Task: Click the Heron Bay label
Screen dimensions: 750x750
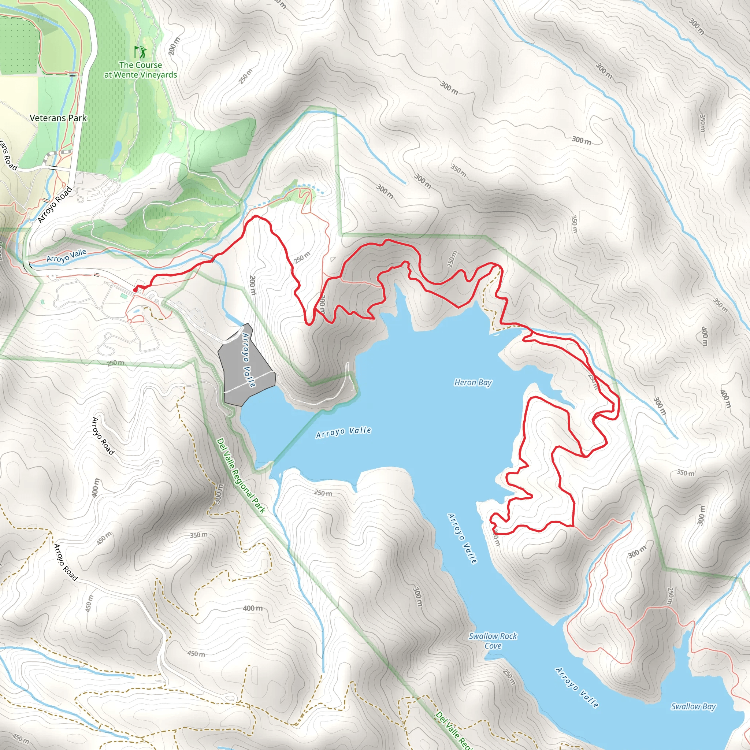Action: (x=473, y=383)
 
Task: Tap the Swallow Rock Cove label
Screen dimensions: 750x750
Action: (x=493, y=641)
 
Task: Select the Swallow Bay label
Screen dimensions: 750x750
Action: (x=693, y=706)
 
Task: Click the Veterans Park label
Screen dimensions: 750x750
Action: (x=58, y=118)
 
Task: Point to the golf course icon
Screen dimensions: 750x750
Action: (x=141, y=51)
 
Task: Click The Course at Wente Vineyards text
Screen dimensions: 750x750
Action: (x=141, y=70)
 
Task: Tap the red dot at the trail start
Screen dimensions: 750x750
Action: (x=135, y=290)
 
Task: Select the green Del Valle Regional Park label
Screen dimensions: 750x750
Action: (x=241, y=476)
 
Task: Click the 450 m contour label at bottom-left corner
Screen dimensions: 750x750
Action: (x=20, y=738)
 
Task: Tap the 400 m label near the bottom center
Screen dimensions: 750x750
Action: (x=253, y=608)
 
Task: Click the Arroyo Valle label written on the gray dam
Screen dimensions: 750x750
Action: (x=248, y=360)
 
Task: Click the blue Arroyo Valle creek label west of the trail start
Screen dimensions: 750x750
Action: (x=66, y=256)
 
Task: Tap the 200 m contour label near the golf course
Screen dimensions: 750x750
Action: (x=174, y=46)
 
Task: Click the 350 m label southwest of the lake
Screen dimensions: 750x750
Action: (x=198, y=535)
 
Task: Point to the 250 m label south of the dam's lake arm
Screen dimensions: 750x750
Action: (x=323, y=493)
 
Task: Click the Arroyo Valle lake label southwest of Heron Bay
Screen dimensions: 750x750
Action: (x=344, y=432)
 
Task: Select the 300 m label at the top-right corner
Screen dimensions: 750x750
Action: (x=697, y=26)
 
